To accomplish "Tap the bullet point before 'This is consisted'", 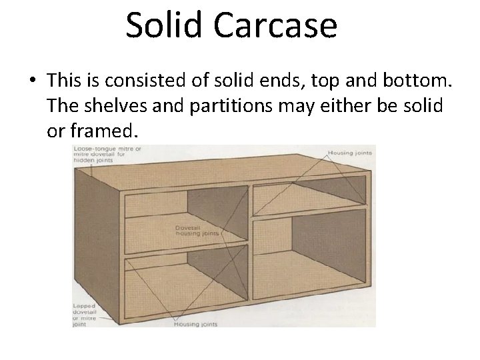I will click(x=33, y=81).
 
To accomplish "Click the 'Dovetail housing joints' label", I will click(x=192, y=231).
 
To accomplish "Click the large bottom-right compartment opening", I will click(x=310, y=260).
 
